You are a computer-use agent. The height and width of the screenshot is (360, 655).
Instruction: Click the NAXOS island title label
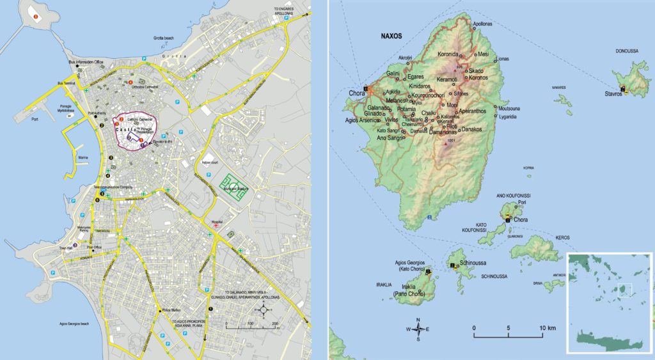click(x=388, y=36)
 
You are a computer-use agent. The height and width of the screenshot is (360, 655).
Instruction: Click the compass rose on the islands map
click(x=418, y=329)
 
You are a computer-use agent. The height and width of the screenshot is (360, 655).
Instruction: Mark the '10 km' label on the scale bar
click(x=547, y=328)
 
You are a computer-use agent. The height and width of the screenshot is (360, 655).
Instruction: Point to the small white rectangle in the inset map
click(x=624, y=290)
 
